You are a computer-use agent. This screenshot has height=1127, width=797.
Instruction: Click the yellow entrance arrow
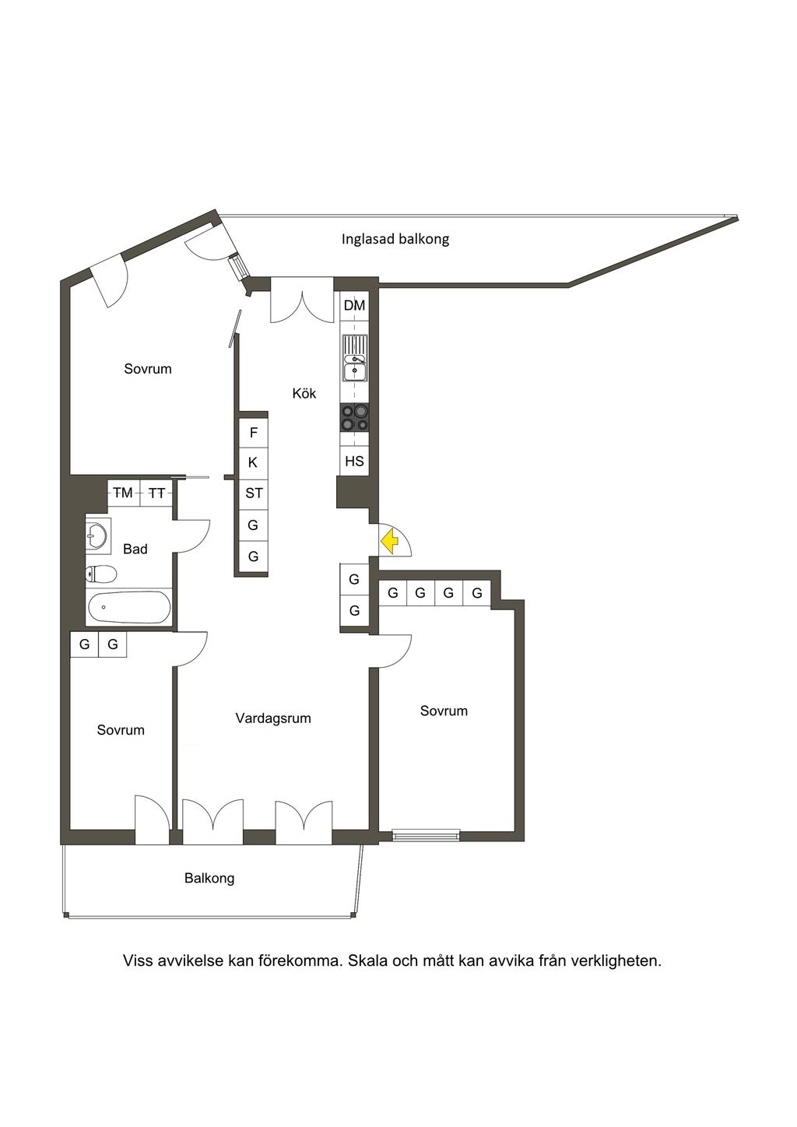[x=389, y=542]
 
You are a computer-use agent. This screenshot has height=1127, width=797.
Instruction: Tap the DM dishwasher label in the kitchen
[x=354, y=305]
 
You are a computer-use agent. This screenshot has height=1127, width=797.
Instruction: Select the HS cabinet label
[x=354, y=461]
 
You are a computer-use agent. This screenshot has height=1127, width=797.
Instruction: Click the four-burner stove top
[x=354, y=418]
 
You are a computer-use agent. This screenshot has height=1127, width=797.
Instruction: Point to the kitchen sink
[x=355, y=359]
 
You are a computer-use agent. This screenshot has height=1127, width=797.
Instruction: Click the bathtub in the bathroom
[x=129, y=607]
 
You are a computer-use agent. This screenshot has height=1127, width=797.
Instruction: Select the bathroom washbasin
[x=97, y=536]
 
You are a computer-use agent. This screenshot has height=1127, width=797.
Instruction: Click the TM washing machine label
[x=123, y=493]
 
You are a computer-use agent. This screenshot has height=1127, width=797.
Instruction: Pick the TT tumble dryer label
[x=157, y=494]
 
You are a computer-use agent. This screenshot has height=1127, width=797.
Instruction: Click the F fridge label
[x=254, y=432]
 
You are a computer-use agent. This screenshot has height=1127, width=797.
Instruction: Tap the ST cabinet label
[x=254, y=493]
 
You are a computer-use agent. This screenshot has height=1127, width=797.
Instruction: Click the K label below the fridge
[x=253, y=462]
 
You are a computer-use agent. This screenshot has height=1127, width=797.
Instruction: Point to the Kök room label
[x=304, y=393]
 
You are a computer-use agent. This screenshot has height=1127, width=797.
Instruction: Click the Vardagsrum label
[x=273, y=718]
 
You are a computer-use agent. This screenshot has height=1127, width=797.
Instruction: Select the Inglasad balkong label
[x=395, y=239]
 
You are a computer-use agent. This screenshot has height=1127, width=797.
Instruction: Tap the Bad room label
[x=135, y=549]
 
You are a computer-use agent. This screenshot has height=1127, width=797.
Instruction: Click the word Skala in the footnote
[x=367, y=961]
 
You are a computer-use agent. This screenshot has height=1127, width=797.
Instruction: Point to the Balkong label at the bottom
[x=209, y=879]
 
